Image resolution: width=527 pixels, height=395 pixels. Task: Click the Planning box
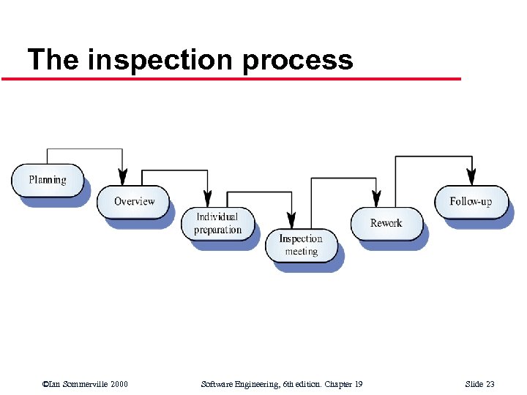click(48, 180)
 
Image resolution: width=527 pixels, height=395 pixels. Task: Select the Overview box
click(133, 201)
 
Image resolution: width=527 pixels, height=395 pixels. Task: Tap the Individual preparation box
click(217, 223)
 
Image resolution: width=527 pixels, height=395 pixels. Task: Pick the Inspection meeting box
click(301, 245)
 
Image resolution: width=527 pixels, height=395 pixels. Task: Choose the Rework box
click(386, 223)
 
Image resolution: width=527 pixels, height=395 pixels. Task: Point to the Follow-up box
click(471, 201)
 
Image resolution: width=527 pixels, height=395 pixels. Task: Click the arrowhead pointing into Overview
click(123, 177)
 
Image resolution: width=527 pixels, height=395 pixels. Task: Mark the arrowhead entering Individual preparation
click(207, 199)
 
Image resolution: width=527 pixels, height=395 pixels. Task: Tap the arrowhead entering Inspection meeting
click(291, 220)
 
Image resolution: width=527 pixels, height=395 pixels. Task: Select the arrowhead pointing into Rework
click(376, 199)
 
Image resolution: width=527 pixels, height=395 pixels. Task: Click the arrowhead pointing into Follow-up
click(471, 177)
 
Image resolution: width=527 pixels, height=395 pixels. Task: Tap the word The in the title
click(53, 59)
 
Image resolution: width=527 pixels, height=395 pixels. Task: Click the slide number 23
click(490, 385)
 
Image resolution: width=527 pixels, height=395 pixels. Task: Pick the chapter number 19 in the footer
click(358, 385)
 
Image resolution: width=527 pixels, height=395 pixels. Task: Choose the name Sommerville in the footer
click(83, 385)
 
